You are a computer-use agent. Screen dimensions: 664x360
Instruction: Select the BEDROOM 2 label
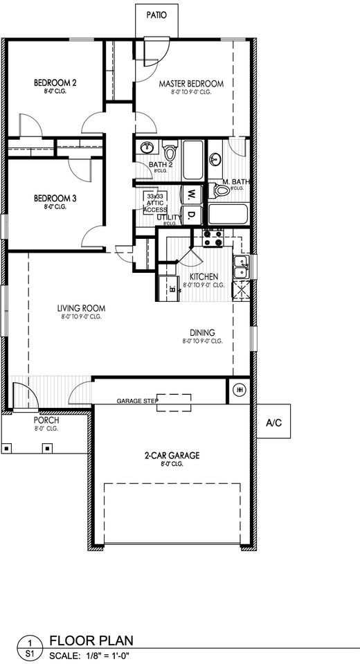click(x=55, y=84)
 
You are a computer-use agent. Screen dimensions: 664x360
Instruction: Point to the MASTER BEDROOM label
click(x=191, y=84)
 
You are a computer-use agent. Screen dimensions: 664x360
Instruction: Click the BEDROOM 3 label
click(x=55, y=198)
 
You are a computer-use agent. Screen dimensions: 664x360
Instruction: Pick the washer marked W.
click(x=190, y=194)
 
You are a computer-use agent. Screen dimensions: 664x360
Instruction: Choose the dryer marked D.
click(x=190, y=217)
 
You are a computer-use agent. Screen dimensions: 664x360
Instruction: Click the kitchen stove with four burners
click(x=212, y=238)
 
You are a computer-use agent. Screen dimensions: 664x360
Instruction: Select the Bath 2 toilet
click(x=170, y=149)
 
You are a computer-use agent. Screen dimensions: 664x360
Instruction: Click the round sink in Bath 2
click(x=147, y=147)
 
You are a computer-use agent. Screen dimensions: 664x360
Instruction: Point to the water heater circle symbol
click(x=241, y=390)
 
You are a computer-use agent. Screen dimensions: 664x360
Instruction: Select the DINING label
click(x=202, y=332)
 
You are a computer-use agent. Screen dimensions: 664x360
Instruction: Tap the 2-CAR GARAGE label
click(x=172, y=456)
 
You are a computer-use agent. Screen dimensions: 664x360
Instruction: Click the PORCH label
click(x=46, y=420)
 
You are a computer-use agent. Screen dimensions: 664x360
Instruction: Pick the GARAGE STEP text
click(x=137, y=401)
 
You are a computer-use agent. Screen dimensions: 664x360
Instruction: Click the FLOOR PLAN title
click(x=91, y=641)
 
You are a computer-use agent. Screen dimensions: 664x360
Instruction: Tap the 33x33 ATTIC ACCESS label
click(x=154, y=203)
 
